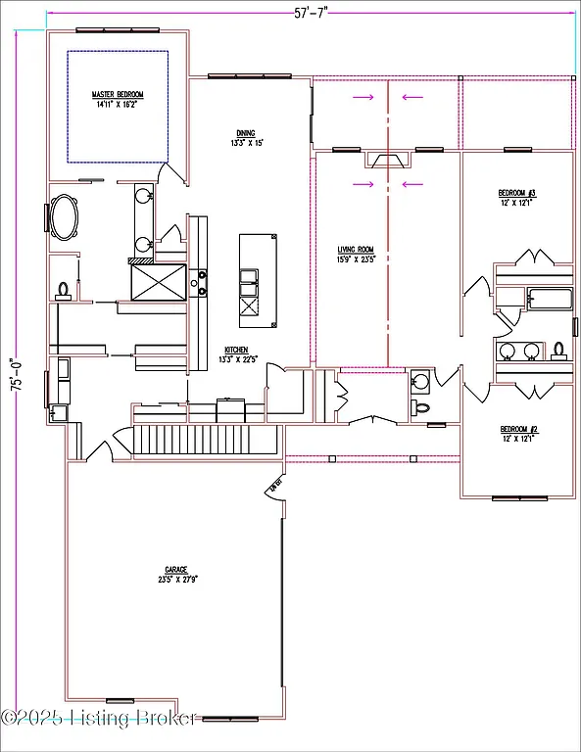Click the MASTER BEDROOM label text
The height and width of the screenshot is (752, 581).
pyautogui.click(x=118, y=94)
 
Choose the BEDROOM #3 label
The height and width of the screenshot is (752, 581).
pyautogui.click(x=516, y=193)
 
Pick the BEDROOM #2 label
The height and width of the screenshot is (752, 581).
pyautogui.click(x=518, y=429)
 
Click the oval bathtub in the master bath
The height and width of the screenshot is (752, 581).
pyautogui.click(x=67, y=217)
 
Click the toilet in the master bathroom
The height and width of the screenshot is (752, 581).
pyautogui.click(x=65, y=290)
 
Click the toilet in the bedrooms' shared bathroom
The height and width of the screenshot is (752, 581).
pyautogui.click(x=558, y=350)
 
